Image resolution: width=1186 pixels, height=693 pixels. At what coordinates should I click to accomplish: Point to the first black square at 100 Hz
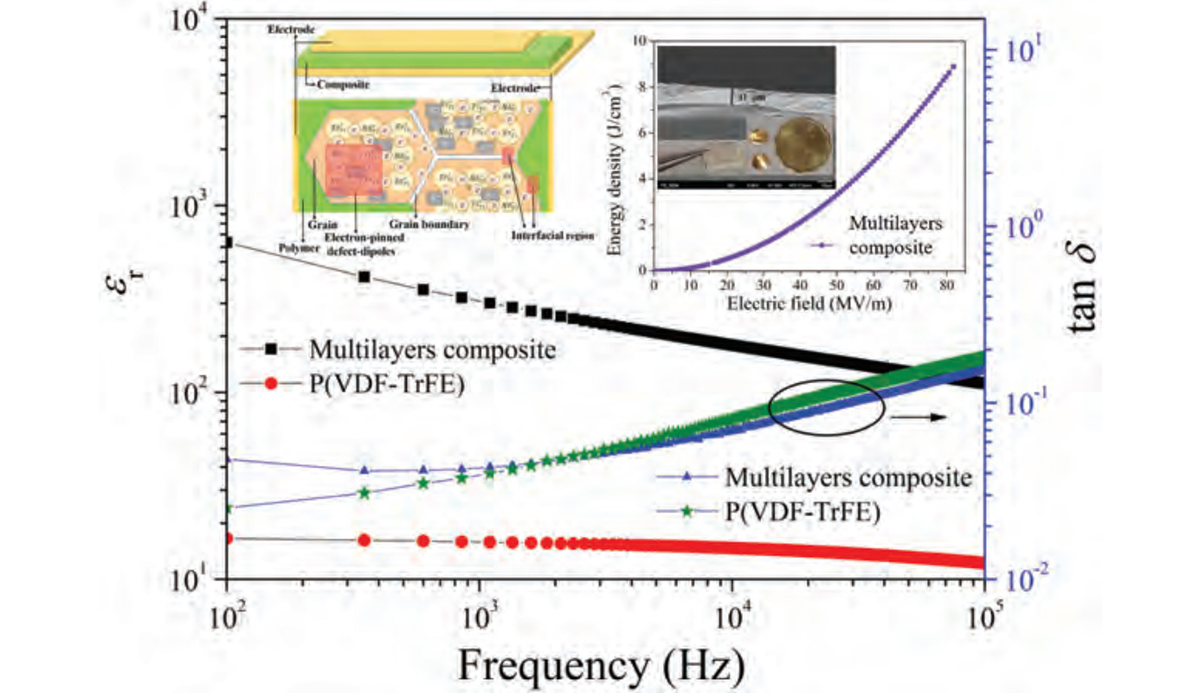coord(228,242)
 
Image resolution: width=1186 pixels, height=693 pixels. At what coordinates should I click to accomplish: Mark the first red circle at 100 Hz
coord(228,539)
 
